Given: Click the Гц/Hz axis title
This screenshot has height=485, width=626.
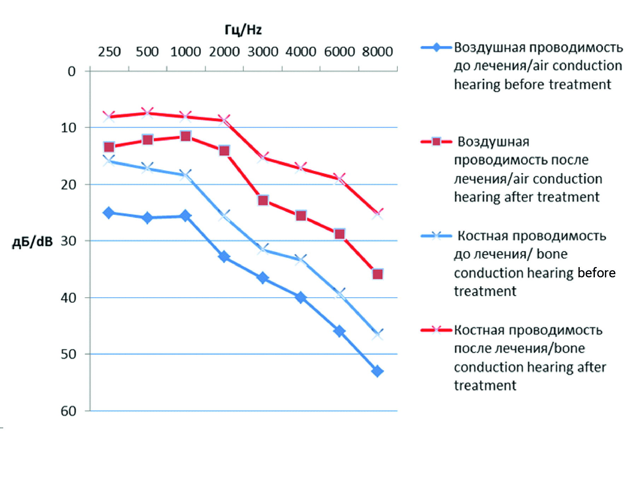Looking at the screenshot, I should (x=243, y=30).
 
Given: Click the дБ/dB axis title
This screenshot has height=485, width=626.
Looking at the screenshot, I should (x=33, y=242).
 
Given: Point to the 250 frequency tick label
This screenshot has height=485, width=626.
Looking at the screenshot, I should (x=109, y=52).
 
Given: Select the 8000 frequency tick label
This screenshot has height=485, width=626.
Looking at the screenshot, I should (x=377, y=52).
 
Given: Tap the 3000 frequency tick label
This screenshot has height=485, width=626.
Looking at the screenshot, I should (x=262, y=52).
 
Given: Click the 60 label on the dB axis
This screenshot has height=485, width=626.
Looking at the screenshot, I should (x=69, y=411).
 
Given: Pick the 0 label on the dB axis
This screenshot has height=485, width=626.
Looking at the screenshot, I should (x=72, y=71).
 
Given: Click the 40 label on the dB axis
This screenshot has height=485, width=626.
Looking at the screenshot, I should (x=69, y=298).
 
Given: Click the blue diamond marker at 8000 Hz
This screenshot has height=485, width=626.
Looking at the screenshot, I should (x=377, y=371).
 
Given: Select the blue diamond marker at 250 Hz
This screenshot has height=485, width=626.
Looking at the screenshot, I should (x=108, y=213).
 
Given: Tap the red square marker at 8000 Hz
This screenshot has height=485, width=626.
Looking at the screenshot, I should (x=377, y=274).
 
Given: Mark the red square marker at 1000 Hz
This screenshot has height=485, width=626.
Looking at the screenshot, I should (x=185, y=136).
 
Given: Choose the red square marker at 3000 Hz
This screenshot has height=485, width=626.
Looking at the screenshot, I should (x=263, y=201).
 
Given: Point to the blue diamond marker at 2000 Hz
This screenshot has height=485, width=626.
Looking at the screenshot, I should (x=224, y=256).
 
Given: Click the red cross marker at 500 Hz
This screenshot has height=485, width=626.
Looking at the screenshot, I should (x=147, y=113).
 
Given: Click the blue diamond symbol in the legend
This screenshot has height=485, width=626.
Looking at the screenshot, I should (x=436, y=47).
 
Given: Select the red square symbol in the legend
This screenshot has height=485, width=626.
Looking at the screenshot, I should (x=436, y=142).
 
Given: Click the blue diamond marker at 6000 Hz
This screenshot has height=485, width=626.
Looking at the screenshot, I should (x=339, y=331).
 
